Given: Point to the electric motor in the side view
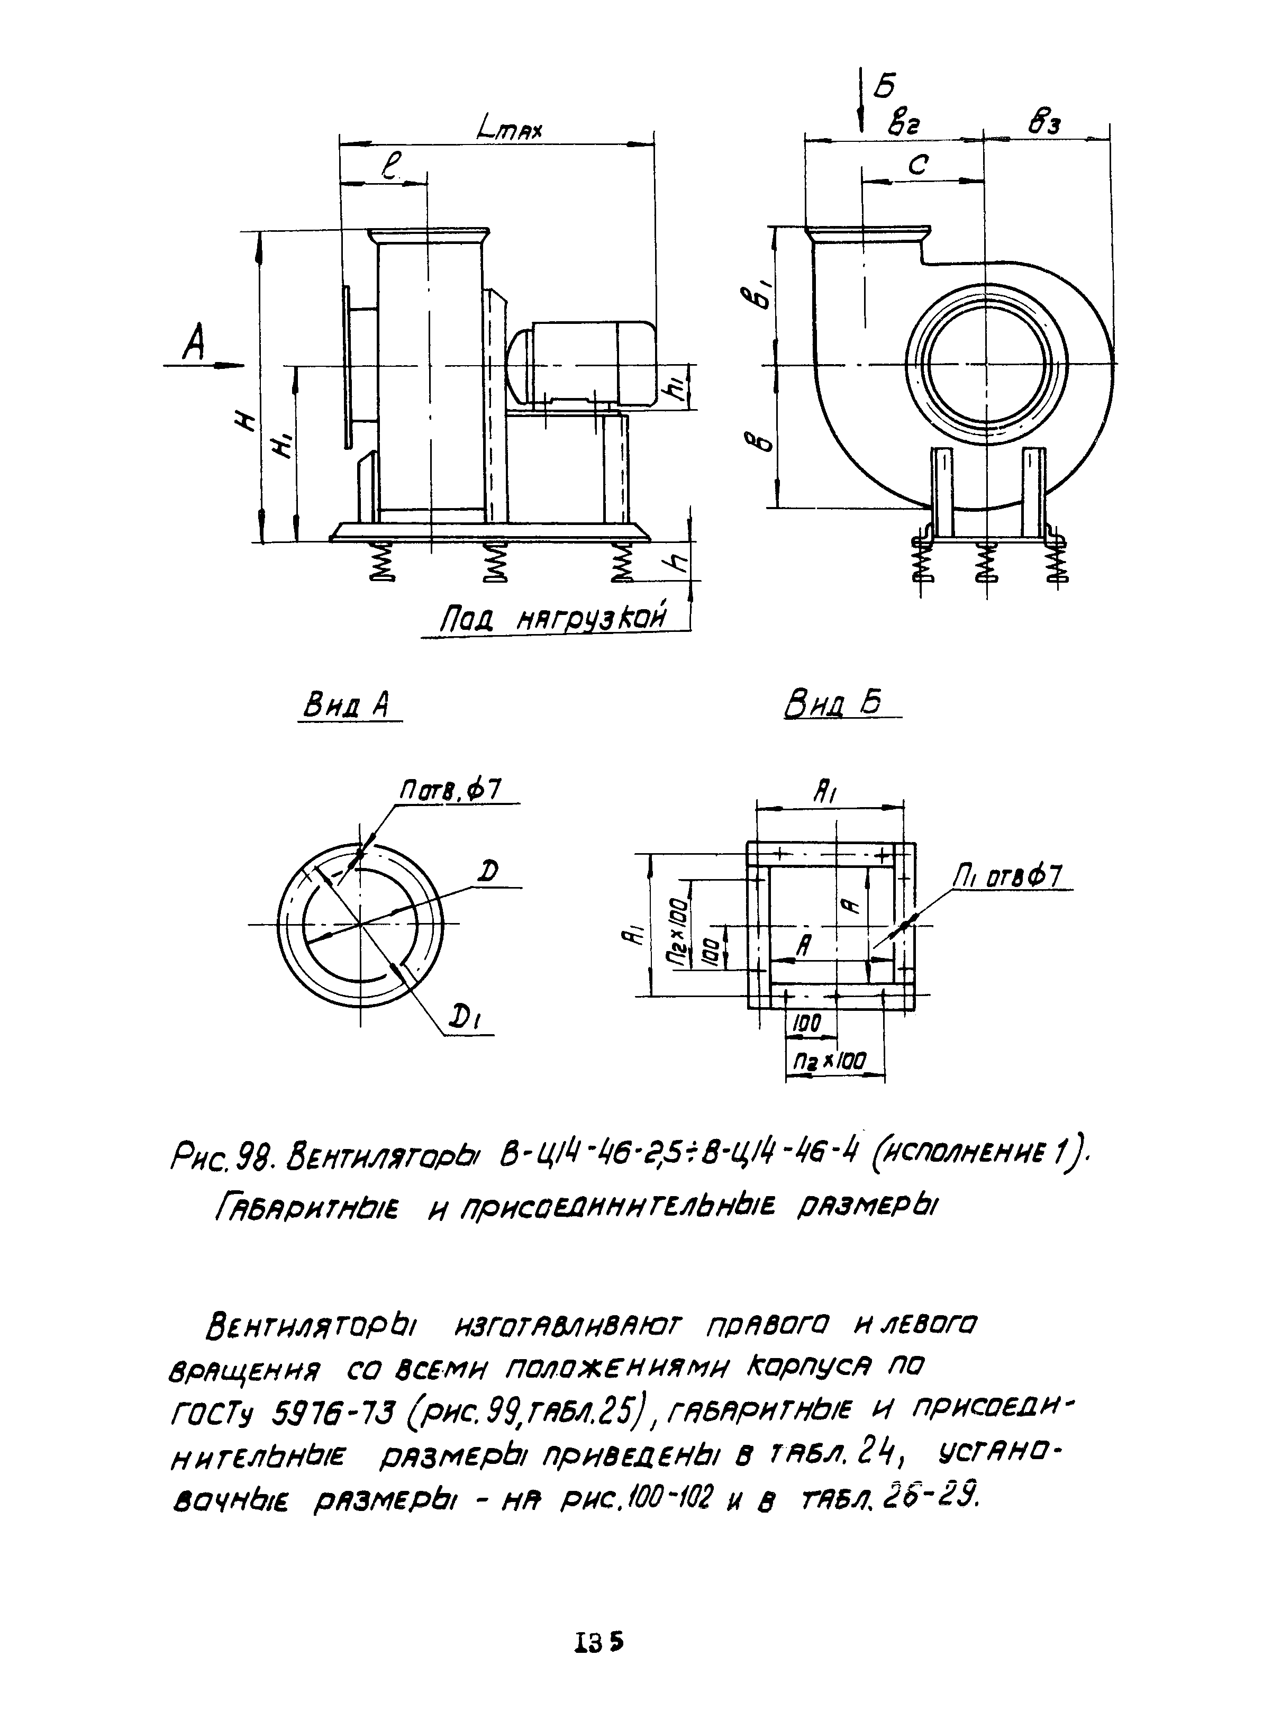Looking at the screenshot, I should click(x=582, y=363).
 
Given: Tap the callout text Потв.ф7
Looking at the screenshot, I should click(x=450, y=791).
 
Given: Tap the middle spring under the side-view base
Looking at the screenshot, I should click(x=494, y=562).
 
